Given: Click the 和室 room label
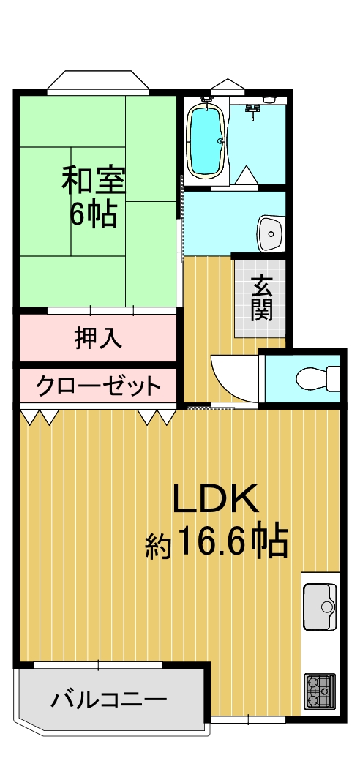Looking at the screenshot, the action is (93, 181).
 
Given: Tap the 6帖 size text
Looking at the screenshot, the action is (93, 214).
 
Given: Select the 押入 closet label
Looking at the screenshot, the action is (98, 338).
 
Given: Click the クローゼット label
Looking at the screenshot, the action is (98, 386).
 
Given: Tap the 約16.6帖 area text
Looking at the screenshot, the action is (216, 543).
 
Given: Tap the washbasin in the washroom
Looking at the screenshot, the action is (271, 233).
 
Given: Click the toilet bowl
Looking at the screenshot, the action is (318, 378).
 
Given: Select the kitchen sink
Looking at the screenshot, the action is (320, 607).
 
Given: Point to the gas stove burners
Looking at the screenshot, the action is (319, 691).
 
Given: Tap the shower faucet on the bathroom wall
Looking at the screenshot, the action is (254, 110).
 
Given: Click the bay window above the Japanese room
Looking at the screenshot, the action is (98, 82).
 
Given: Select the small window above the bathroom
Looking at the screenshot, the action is (227, 86).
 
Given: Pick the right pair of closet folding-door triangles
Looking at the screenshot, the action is (156, 417).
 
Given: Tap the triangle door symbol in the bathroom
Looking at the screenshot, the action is (246, 175).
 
